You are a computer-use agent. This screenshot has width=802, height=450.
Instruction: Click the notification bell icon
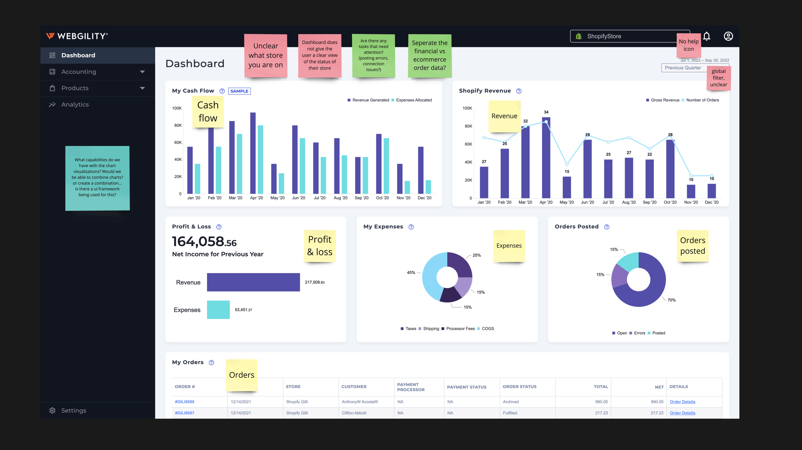click(x=707, y=36)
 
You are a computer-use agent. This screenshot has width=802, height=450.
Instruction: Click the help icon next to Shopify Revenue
click(x=519, y=91)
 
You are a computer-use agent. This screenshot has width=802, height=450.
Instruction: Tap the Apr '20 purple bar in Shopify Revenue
click(x=546, y=157)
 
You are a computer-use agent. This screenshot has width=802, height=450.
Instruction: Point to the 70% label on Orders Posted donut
click(x=672, y=300)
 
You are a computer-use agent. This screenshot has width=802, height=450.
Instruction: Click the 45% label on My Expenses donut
click(x=411, y=273)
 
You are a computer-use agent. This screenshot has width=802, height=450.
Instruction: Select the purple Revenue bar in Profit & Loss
click(x=253, y=282)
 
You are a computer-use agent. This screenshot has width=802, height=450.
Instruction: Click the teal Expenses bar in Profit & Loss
click(x=218, y=310)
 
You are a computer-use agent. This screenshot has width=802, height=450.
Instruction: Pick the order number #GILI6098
click(x=185, y=402)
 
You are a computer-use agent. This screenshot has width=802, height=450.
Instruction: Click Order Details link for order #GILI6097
click(x=682, y=413)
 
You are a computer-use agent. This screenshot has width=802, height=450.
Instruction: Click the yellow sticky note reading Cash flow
click(x=208, y=112)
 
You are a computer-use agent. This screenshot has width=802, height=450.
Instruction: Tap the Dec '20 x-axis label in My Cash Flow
click(x=424, y=198)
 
